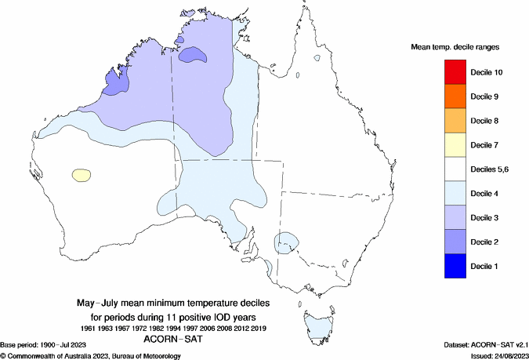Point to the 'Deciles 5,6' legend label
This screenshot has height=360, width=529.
tap(491, 169)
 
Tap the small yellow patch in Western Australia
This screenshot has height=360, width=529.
tap(80, 175)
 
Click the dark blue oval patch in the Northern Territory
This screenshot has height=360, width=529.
tap(193, 56)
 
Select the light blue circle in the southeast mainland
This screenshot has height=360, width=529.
tap(287, 242)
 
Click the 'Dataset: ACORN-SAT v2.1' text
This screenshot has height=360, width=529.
tap(480, 345)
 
